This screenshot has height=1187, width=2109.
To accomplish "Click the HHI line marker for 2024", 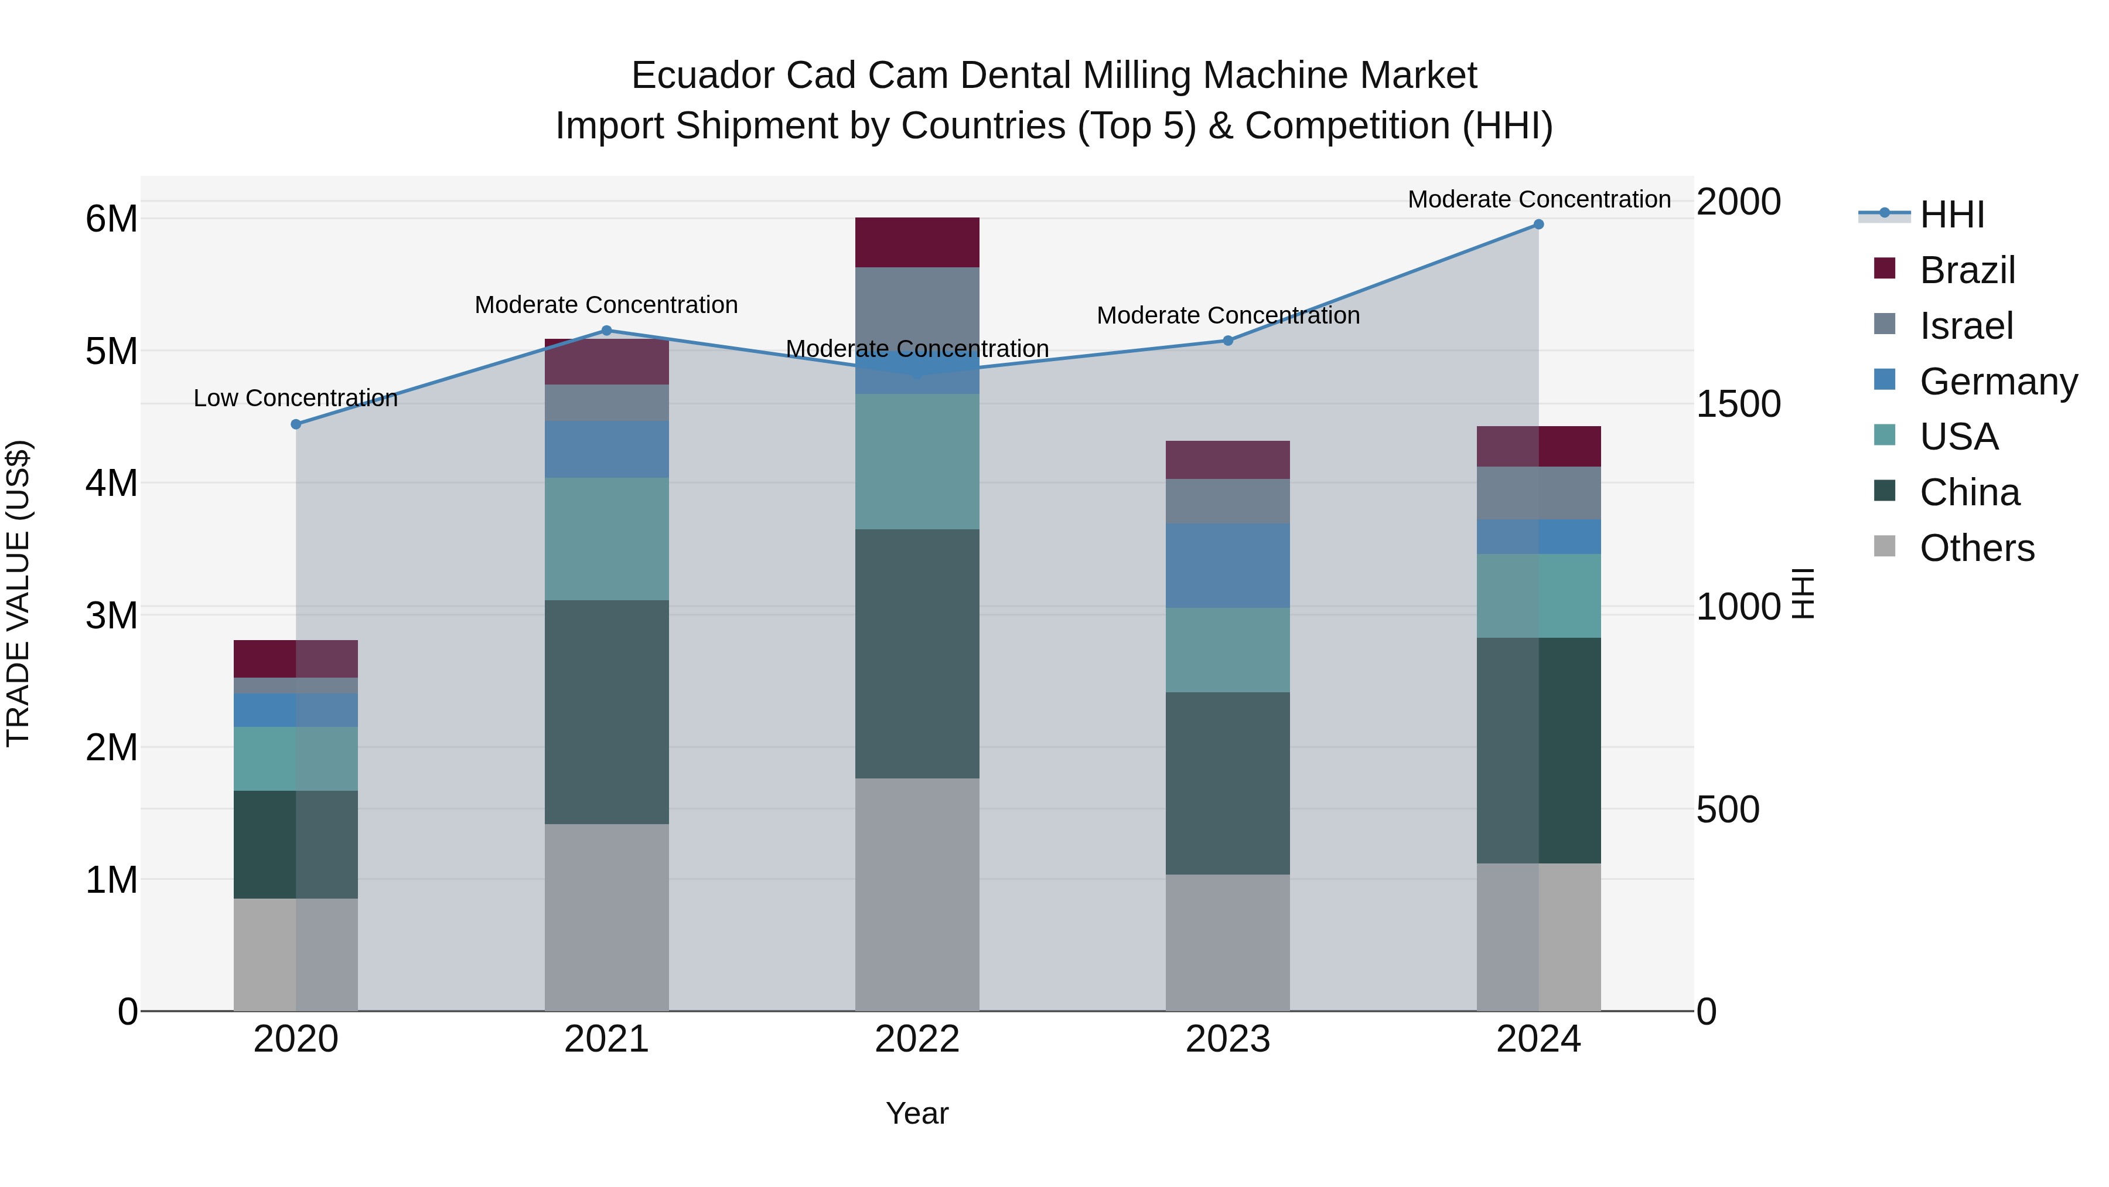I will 1538,225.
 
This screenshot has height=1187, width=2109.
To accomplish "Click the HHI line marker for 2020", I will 296,424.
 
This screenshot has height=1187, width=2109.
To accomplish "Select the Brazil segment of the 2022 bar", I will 917,243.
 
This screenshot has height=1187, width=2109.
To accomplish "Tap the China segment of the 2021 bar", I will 607,712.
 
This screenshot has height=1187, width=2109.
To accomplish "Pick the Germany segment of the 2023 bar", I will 1227,565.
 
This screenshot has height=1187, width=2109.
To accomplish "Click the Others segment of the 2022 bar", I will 917,894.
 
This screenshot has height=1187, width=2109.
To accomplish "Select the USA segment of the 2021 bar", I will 607,539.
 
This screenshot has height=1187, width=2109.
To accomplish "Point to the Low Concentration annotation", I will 296,398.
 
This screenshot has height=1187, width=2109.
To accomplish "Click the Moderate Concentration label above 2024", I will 1538,199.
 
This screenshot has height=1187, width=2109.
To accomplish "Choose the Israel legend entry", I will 1965,326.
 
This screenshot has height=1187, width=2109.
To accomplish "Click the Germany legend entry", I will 1998,382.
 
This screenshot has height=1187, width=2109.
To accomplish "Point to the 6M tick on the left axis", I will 111,219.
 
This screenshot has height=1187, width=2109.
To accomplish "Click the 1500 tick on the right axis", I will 1738,404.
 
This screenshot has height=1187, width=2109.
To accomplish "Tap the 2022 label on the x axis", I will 917,1039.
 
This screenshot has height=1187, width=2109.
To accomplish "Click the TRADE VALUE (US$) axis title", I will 19,593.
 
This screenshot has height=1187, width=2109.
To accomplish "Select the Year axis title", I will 917,1113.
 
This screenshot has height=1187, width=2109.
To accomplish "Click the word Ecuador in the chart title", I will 702,76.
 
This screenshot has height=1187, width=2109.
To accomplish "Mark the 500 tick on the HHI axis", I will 1728,810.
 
